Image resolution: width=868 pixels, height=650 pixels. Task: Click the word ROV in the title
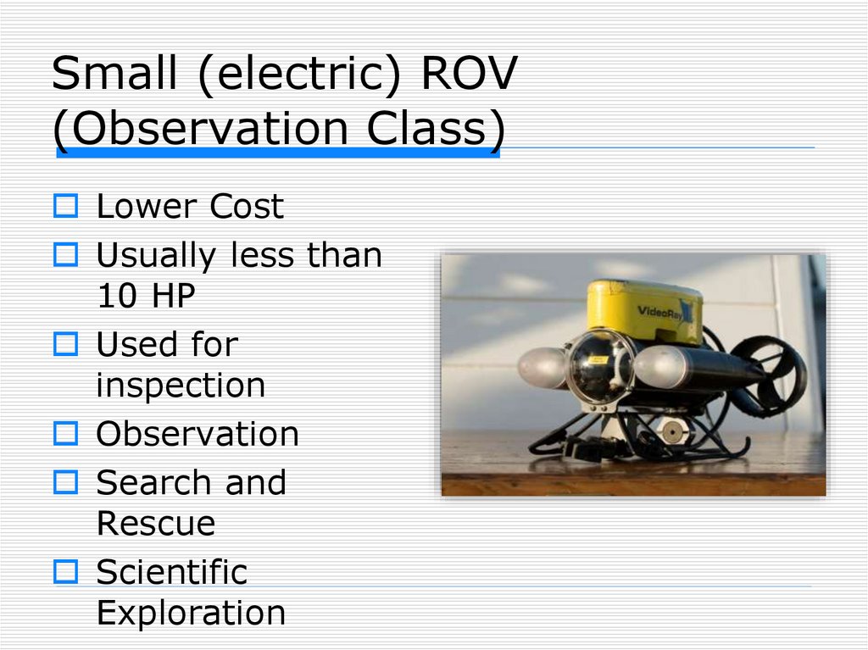coord(468,75)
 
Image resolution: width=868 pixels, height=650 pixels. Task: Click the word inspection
coord(181,386)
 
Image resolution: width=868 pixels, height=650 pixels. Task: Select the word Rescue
coord(156,524)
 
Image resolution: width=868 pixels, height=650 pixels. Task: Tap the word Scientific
coord(171,572)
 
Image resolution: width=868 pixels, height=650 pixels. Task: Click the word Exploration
coord(191,613)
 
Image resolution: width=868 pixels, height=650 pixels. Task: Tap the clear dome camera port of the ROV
coord(599,366)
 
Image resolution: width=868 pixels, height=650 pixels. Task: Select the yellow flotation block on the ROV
coord(644,310)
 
